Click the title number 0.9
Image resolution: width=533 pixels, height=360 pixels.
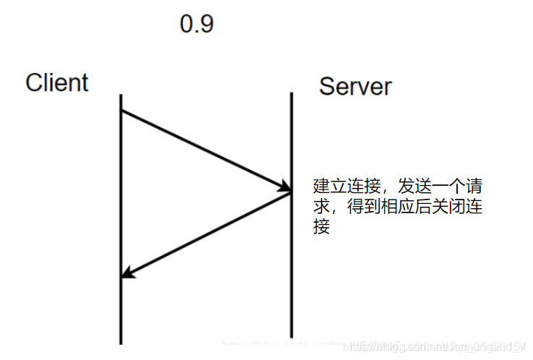(x=197, y=25)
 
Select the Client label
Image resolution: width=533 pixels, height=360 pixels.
(x=56, y=82)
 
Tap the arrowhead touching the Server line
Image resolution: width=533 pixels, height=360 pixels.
(x=283, y=189)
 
